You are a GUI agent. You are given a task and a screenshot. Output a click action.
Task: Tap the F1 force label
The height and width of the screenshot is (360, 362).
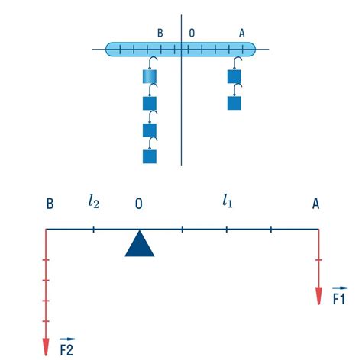click(x=340, y=296)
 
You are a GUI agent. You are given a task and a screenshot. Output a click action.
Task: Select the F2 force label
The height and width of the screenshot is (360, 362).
click(x=67, y=347)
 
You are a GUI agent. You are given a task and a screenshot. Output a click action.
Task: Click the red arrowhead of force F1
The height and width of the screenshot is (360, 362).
click(x=318, y=296)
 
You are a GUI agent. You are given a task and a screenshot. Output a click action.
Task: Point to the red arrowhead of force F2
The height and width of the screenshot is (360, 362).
click(x=46, y=347)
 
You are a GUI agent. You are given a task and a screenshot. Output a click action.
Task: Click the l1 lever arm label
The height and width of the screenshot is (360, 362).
click(x=228, y=201)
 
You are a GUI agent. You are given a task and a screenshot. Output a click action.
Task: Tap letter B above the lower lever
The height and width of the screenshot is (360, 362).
click(x=50, y=204)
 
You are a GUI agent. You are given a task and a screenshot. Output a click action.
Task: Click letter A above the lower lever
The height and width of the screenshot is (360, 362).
click(x=315, y=204)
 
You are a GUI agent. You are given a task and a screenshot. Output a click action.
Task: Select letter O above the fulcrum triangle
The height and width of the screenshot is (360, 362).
click(x=139, y=204)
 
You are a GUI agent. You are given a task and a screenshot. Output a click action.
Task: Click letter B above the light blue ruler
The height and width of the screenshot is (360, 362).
click(x=160, y=33)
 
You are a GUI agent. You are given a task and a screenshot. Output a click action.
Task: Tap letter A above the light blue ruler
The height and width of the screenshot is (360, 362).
click(x=241, y=33)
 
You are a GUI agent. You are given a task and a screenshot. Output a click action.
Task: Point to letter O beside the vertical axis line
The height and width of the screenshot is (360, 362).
click(x=192, y=33)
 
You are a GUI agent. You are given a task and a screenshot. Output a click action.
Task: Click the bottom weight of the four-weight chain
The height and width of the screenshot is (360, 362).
click(x=150, y=156)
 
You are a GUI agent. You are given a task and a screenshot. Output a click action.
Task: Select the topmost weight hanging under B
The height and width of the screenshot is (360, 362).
click(x=150, y=76)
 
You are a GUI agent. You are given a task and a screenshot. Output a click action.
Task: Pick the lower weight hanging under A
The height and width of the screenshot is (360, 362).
click(x=234, y=103)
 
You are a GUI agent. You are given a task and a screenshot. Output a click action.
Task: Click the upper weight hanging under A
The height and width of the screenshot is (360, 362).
click(x=234, y=76)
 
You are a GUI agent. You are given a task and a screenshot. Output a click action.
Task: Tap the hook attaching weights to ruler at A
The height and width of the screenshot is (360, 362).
click(x=238, y=63)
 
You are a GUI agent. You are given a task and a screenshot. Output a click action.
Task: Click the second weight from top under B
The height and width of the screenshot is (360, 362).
click(x=150, y=103)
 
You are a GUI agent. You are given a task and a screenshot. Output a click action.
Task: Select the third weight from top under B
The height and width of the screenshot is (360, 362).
click(x=150, y=130)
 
